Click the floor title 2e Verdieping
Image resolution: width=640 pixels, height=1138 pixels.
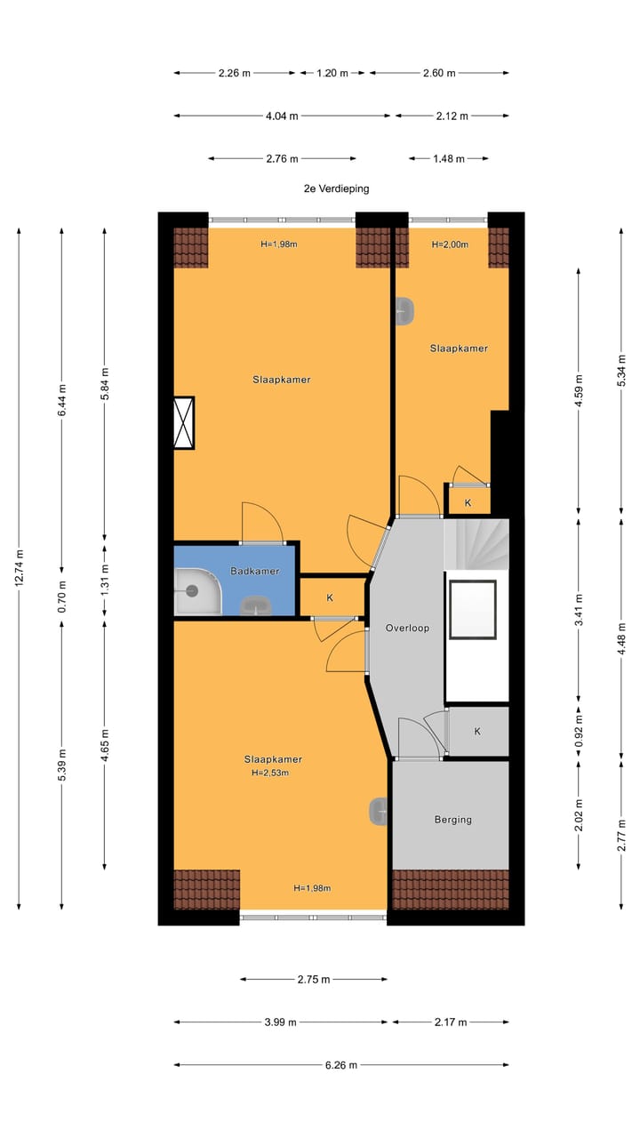335,188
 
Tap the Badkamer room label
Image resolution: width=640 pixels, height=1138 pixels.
255,572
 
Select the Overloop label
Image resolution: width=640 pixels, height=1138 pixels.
407,628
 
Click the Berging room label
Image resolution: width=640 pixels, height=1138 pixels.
452,820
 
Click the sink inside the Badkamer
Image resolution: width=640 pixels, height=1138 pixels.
258,607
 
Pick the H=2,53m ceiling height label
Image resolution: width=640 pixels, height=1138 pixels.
271,773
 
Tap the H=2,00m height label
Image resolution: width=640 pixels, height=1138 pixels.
450,244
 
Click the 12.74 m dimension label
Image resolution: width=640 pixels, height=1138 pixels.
20,569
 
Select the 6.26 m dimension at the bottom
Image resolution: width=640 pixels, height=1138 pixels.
341,1065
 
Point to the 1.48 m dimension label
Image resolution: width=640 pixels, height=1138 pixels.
449,159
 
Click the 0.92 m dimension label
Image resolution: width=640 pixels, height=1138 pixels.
579,731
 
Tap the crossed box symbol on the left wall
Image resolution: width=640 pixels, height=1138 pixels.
184,422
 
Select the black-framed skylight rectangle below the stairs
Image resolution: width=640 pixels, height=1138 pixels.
473,609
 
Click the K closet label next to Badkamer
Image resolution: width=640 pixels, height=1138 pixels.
330,597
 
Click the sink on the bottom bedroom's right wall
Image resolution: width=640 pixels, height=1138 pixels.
380,811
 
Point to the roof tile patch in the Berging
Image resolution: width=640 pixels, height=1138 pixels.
451,889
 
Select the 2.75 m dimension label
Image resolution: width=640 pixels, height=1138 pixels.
313,980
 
